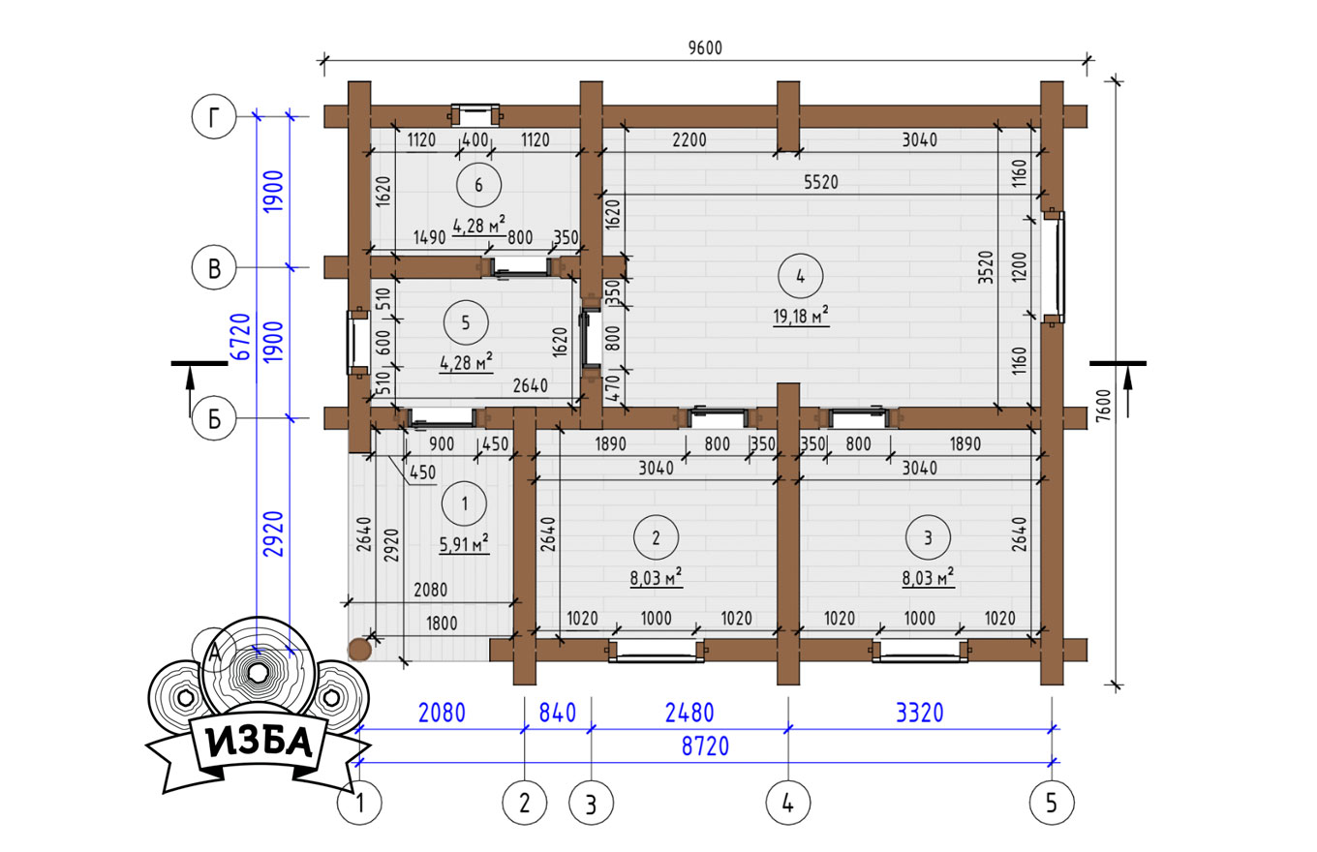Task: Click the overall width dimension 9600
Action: (705, 47)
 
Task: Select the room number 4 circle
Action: (800, 276)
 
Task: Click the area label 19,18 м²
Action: (801, 316)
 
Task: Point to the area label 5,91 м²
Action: (464, 544)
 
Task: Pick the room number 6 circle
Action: (478, 185)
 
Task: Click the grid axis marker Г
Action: (214, 116)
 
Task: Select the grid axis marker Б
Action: (214, 418)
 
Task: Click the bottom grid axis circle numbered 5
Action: (1052, 803)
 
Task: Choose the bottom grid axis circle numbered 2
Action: (525, 803)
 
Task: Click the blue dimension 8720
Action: (705, 746)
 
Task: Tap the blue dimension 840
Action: (558, 713)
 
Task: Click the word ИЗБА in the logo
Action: (260, 743)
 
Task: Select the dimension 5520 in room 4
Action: (821, 182)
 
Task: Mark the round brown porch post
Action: (360, 650)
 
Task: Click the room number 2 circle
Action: (657, 536)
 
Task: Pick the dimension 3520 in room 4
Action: (986, 267)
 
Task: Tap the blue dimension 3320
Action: (920, 713)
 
